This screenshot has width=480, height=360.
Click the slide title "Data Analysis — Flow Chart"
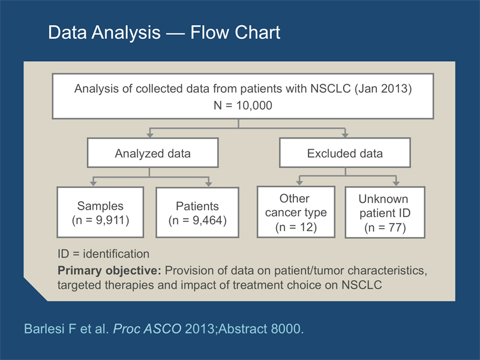[164, 32]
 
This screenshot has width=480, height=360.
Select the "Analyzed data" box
[153, 153]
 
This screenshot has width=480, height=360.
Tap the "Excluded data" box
[345, 153]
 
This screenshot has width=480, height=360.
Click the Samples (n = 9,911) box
[100, 212]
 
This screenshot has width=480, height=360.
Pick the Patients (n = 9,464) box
[197, 212]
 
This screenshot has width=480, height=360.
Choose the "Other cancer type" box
[296, 212]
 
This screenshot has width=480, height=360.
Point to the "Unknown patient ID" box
[385, 212]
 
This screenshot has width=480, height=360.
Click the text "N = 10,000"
[243, 106]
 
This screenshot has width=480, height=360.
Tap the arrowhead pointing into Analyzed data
[150, 134]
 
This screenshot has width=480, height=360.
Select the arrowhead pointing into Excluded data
[345, 134]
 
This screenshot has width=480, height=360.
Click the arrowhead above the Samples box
[94, 184]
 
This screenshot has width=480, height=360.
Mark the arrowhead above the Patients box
[209, 184]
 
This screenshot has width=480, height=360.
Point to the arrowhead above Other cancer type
[299, 183]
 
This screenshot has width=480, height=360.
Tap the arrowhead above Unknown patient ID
[396, 183]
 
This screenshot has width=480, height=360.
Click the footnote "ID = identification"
[103, 254]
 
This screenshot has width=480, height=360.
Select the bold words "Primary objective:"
[109, 271]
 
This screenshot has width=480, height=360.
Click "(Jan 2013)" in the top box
[383, 88]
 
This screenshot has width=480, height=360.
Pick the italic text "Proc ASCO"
[147, 329]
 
